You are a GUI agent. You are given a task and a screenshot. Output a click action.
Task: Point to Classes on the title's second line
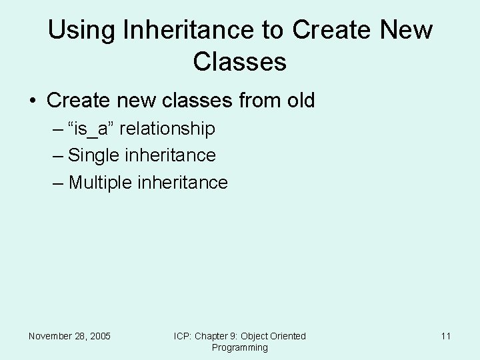(239, 62)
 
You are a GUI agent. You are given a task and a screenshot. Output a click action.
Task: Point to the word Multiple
(101, 183)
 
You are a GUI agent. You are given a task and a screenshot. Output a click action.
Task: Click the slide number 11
(445, 336)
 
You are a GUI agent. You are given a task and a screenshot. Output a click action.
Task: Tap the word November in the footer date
(52, 336)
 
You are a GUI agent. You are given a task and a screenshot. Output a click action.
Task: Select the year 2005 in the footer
(99, 336)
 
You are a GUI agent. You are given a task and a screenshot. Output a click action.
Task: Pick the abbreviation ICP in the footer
(182, 336)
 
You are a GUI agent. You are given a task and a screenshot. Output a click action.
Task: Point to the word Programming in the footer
(239, 347)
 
